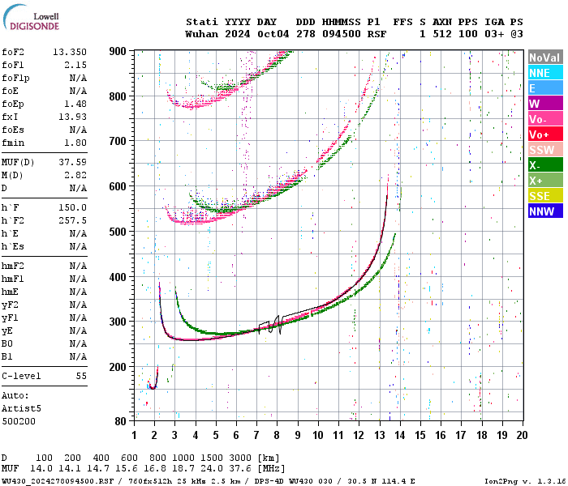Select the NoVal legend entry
(544, 58)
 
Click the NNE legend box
(544, 73)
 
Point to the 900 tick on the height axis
(118, 51)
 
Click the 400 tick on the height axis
(118, 277)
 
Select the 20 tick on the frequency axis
(523, 434)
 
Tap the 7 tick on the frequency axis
(256, 434)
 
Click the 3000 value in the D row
(237, 458)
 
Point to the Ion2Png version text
(524, 481)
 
